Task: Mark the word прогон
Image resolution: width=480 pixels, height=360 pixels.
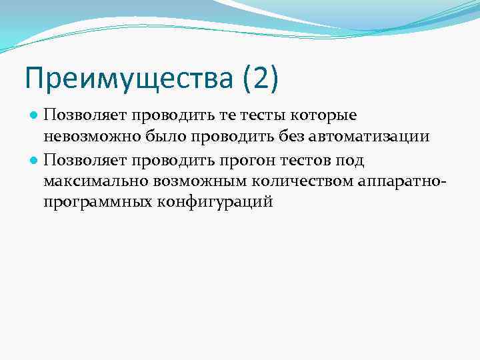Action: pyautogui.click(x=257, y=159)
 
